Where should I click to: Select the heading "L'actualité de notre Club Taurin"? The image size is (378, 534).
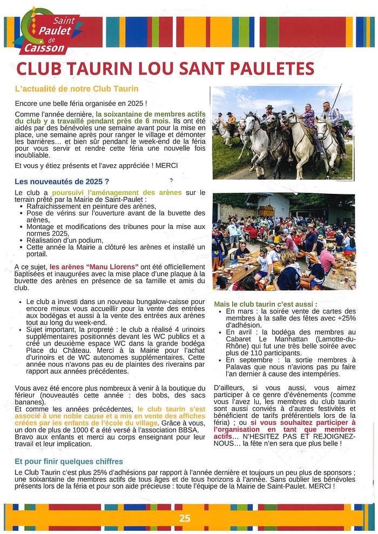pos(77,89)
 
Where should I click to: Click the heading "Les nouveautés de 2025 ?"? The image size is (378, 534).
pos(62,181)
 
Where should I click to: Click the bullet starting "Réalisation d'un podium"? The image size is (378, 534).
pos(65,240)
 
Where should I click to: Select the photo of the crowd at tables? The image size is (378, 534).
pos(283,241)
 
